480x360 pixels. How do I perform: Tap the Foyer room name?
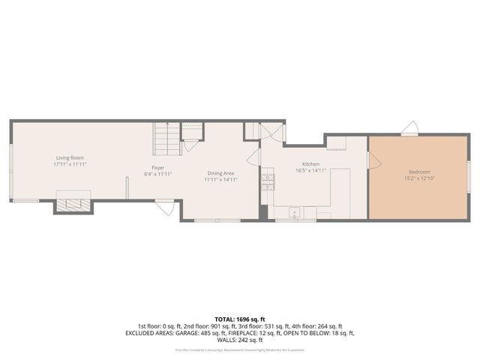158,167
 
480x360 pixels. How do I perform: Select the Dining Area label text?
222,173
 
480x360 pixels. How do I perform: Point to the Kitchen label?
310,163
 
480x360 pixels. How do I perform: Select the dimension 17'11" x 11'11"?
70,163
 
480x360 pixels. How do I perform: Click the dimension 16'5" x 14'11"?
310,170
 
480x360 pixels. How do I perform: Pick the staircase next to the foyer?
167,137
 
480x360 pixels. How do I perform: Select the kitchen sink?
296,213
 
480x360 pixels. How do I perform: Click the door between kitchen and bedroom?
373,159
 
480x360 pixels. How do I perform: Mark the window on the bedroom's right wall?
469,177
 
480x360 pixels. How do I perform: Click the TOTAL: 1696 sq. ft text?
239,319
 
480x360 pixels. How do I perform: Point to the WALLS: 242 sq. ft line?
239,340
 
